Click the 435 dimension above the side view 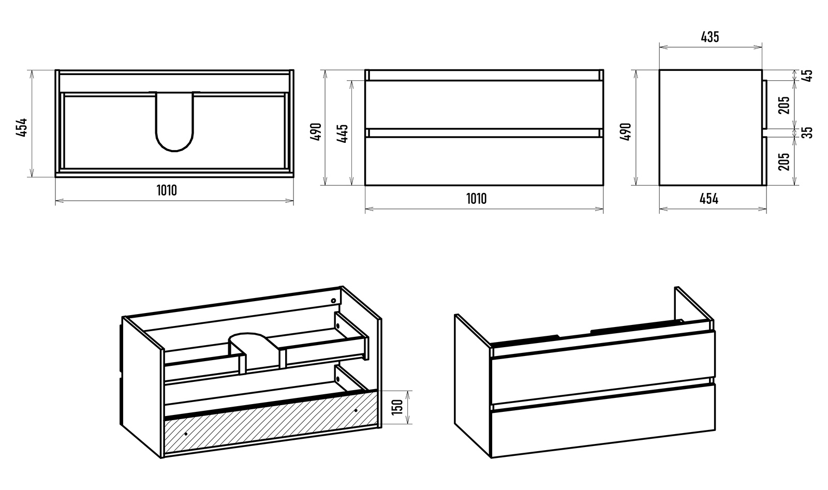click(x=709, y=37)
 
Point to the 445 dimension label click(x=343, y=133)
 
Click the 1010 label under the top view click(x=167, y=190)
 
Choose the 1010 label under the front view click(x=476, y=199)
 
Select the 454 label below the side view click(x=709, y=199)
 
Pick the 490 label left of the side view click(x=626, y=132)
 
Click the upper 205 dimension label click(x=784, y=105)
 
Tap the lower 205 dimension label click(x=784, y=161)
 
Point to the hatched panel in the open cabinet click(x=269, y=422)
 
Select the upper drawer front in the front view click(x=484, y=105)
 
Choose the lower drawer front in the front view click(x=484, y=160)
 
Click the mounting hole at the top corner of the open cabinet click(x=334, y=301)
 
